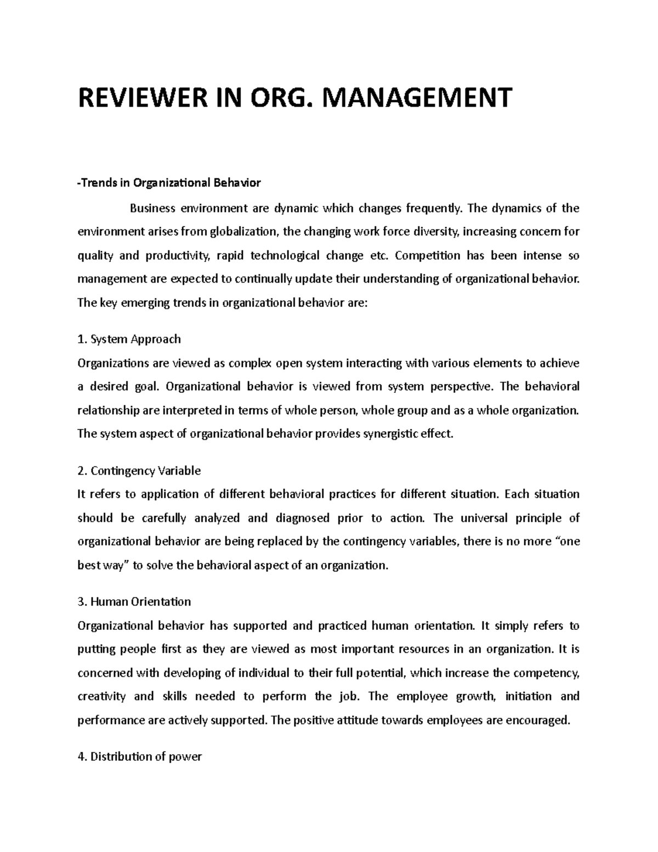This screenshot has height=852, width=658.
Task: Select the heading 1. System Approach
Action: pos(129,339)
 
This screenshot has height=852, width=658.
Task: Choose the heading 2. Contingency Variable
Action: pos(139,471)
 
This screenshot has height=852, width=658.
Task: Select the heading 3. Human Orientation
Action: pos(134,602)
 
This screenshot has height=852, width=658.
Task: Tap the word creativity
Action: pos(101,696)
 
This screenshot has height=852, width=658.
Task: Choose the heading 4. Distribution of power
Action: pos(140,757)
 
